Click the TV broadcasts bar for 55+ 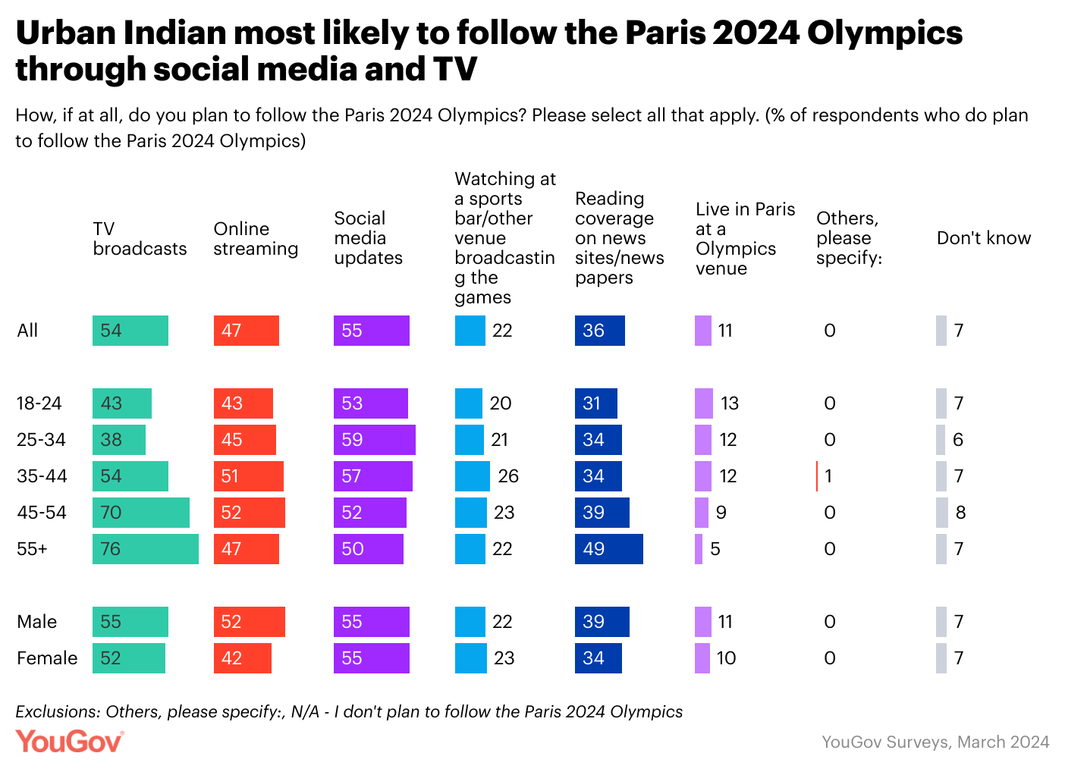click(145, 549)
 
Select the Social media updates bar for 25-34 click(374, 440)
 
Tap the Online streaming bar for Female click(242, 658)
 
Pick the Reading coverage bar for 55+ click(608, 549)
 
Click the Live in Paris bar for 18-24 click(704, 403)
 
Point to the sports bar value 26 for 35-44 click(508, 476)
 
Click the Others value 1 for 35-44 click(828, 476)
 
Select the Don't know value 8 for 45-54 click(960, 513)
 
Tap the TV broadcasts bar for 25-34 click(118, 440)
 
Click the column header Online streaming click(256, 239)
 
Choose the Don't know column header click(983, 238)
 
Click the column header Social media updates click(368, 238)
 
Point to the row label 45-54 click(42, 513)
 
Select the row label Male click(36, 622)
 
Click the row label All click(27, 331)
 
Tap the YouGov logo click(69, 741)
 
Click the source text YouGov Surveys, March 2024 click(935, 742)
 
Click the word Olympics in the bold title click(884, 33)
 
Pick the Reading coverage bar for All click(599, 331)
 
